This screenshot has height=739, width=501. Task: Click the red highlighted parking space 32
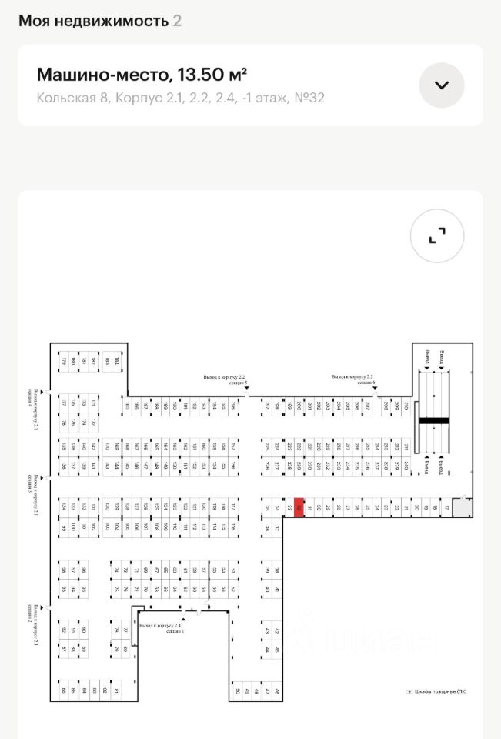[x=299, y=507]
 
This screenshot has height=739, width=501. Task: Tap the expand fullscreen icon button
[x=437, y=236]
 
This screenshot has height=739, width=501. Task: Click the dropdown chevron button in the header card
[x=441, y=85]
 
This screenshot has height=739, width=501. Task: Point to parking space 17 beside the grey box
[x=446, y=507]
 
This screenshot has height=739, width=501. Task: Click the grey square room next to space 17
[x=462, y=507]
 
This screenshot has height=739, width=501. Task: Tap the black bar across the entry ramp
[x=433, y=420]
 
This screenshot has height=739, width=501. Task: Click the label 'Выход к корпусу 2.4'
[x=161, y=627]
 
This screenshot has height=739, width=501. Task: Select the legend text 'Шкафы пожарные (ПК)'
[x=439, y=691]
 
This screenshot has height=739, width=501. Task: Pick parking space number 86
[x=62, y=691]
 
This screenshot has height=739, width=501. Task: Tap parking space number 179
[x=63, y=360]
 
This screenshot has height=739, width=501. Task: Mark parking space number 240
[x=406, y=465]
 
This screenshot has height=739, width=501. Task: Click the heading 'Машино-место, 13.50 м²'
[x=142, y=75]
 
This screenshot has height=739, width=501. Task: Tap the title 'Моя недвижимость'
[x=93, y=20]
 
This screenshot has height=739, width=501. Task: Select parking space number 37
[x=276, y=527]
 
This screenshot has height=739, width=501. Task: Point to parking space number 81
[x=116, y=691]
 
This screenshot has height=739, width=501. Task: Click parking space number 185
[x=126, y=405]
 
